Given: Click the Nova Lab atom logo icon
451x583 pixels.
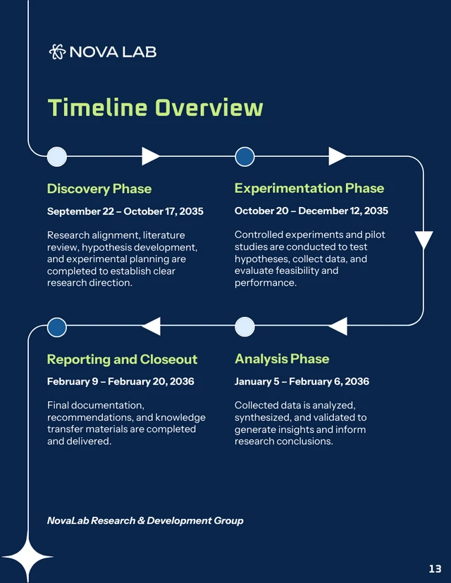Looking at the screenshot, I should click(57, 51).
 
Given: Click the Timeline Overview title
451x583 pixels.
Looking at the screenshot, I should click(155, 108).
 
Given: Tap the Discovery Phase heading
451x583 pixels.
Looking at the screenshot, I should click(99, 189).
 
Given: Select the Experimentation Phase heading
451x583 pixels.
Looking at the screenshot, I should click(309, 188).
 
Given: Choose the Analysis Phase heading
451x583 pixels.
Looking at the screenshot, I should click(282, 358).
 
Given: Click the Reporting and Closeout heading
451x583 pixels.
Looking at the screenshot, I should click(122, 359).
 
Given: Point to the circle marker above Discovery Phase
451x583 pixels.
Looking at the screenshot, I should click(57, 156).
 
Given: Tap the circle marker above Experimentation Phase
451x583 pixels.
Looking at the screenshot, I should click(245, 156).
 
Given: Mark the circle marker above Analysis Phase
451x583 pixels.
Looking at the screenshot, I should click(245, 327).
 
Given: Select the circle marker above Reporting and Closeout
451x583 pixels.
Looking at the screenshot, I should click(57, 327).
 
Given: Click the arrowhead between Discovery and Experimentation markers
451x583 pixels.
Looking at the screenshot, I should click(150, 156).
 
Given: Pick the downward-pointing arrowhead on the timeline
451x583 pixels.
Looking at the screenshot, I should click(424, 240).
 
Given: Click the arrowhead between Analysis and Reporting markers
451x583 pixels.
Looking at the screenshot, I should click(152, 326).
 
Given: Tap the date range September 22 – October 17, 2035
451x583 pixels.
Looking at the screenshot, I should click(125, 211).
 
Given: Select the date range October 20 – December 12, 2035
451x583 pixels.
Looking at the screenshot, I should click(311, 211).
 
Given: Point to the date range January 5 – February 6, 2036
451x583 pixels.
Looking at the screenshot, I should click(302, 382).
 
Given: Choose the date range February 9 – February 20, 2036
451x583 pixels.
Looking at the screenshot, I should click(121, 382).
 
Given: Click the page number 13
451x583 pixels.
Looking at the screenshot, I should click(435, 568).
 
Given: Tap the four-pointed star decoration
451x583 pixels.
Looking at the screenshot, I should click(28, 558).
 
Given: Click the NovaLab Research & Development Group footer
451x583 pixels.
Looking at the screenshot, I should click(145, 520).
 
